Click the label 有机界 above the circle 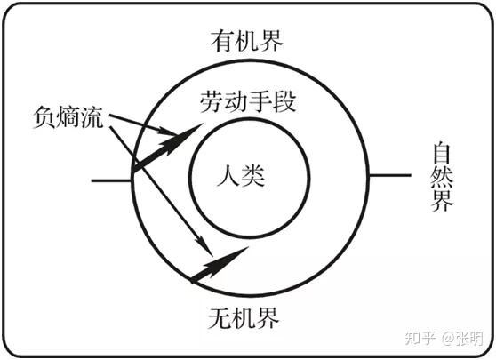(x=246, y=41)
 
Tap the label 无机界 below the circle (x=244, y=317)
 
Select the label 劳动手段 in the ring (x=248, y=101)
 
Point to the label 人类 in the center (x=241, y=175)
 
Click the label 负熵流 (x=68, y=117)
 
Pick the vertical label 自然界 (x=442, y=177)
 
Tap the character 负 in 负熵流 (x=44, y=117)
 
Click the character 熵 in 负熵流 (x=68, y=117)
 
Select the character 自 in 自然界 (x=442, y=154)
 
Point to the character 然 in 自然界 (x=442, y=177)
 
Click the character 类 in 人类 (x=253, y=175)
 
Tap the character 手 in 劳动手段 (x=260, y=101)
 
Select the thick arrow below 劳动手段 (x=167, y=148)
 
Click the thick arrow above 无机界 (x=219, y=265)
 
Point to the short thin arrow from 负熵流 (x=142, y=124)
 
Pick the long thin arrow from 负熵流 (x=161, y=191)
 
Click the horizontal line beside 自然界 (x=390, y=175)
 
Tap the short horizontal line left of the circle (x=111, y=181)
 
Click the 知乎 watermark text (x=420, y=338)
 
